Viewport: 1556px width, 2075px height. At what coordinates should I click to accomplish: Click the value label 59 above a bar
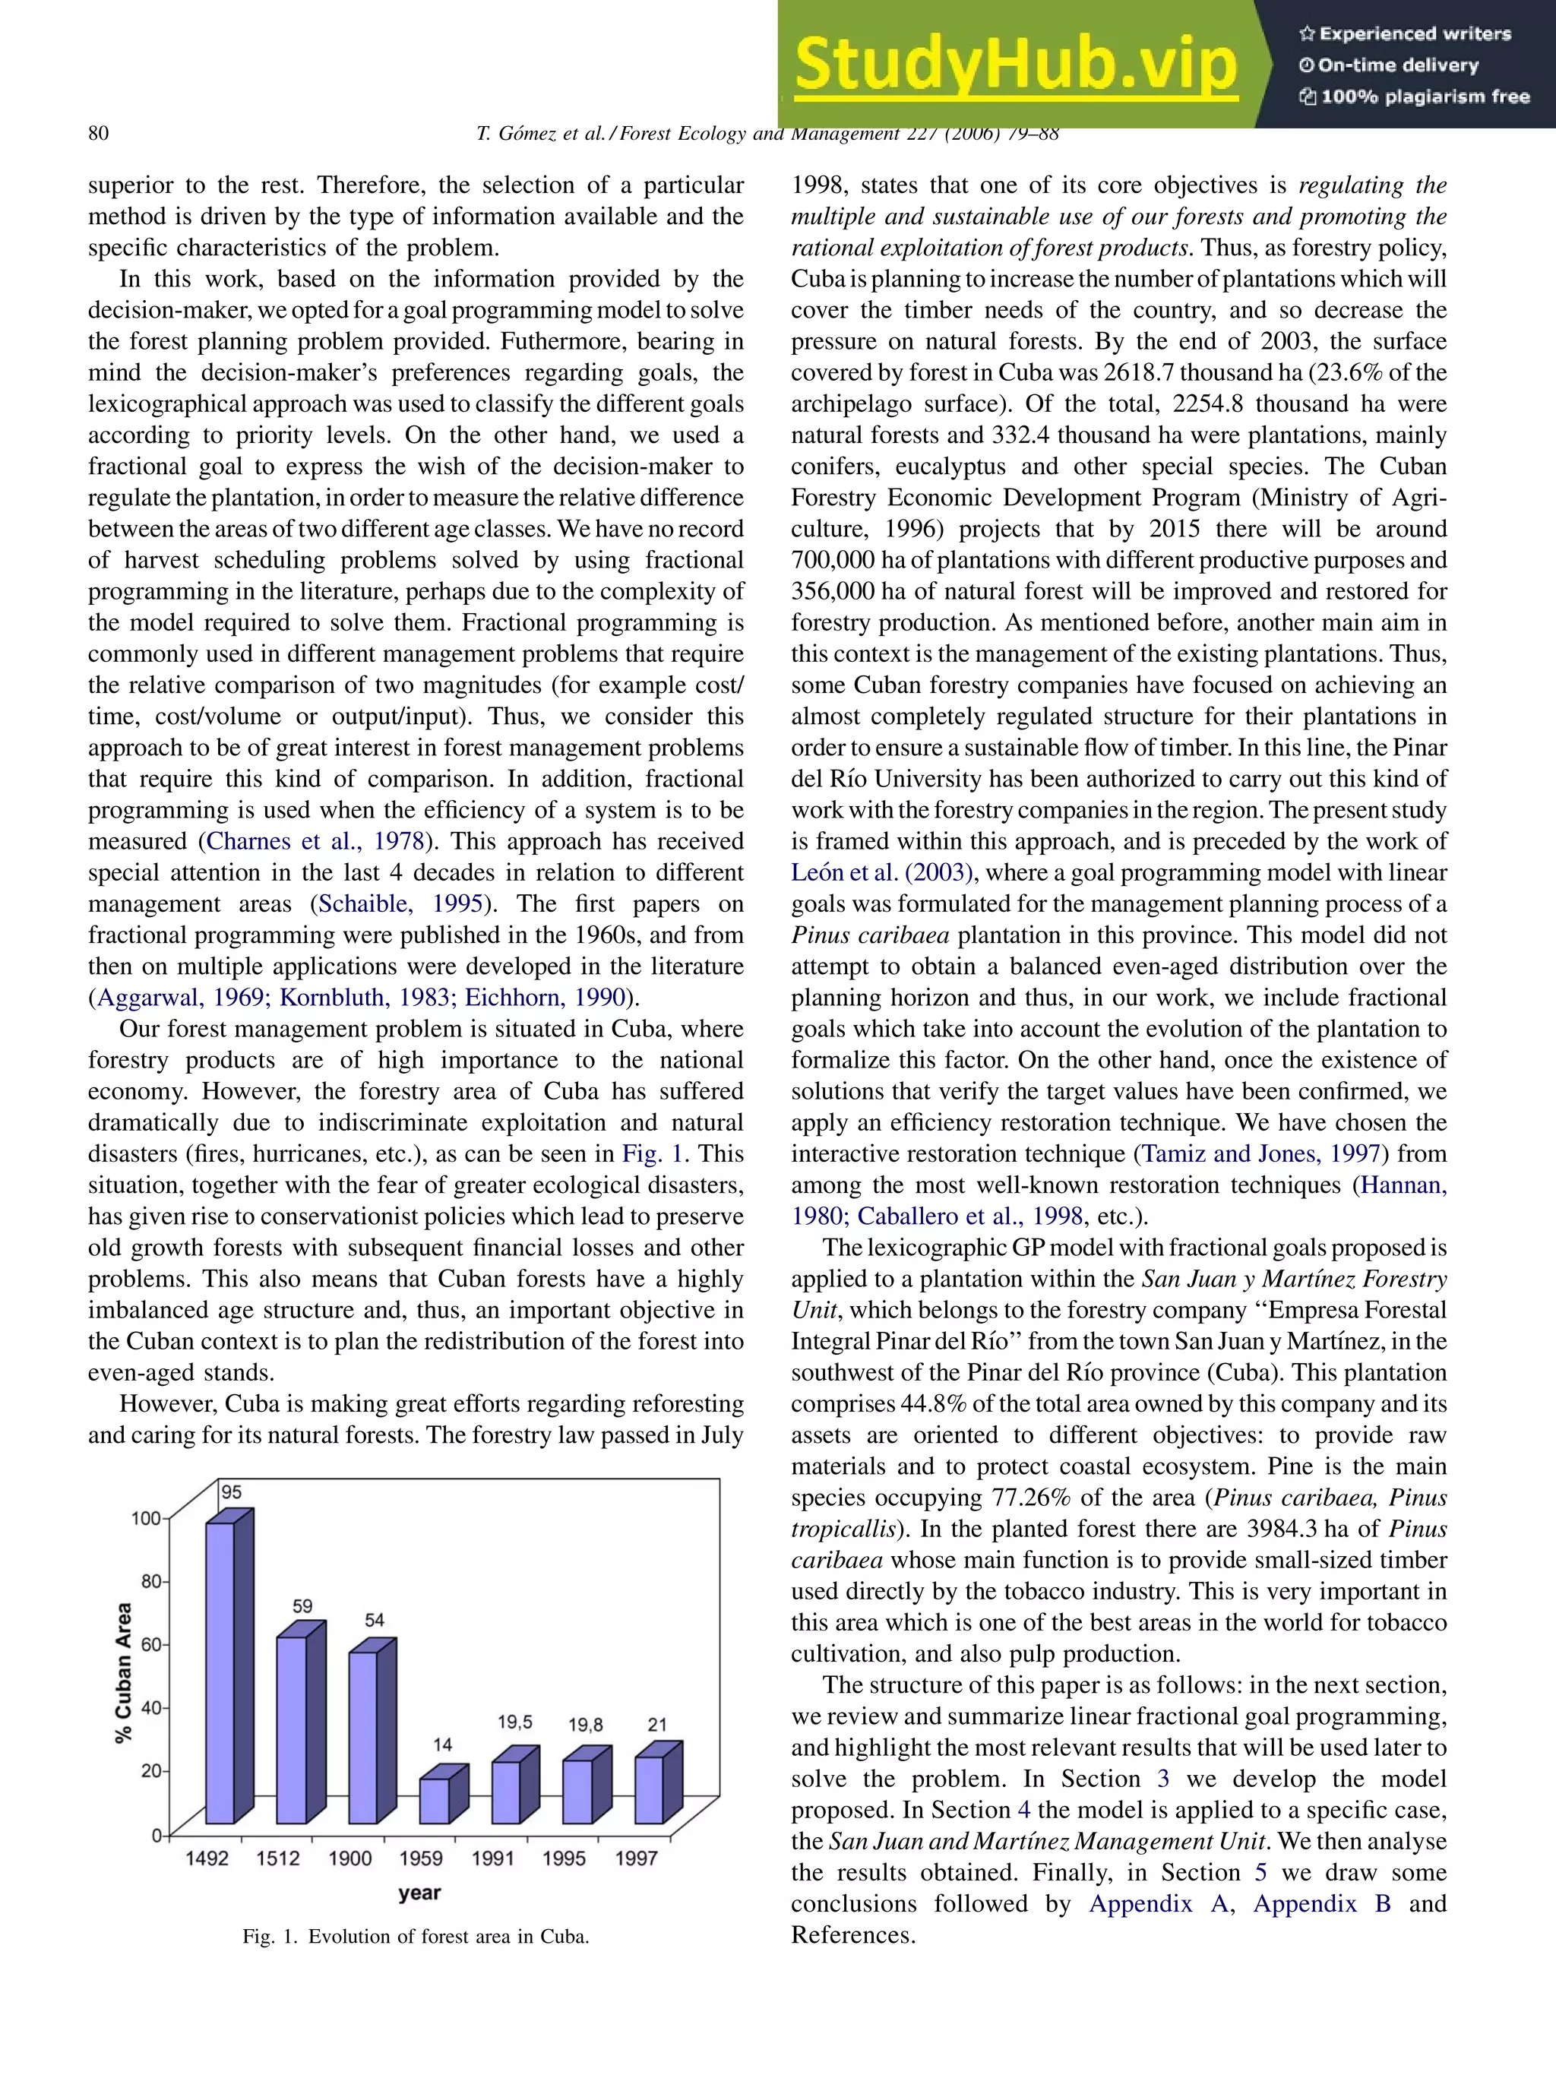click(x=302, y=1607)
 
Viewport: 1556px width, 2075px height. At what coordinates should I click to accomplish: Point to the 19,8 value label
click(x=585, y=1725)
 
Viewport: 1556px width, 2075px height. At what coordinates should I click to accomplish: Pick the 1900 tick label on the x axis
click(x=349, y=1858)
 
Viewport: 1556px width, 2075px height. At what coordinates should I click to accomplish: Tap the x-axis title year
click(x=419, y=1893)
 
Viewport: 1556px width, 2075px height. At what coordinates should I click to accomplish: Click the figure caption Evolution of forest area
click(x=416, y=1936)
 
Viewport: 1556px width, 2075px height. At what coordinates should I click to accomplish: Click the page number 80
click(x=99, y=133)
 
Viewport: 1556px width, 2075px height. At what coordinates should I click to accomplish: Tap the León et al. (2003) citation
click(x=883, y=872)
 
